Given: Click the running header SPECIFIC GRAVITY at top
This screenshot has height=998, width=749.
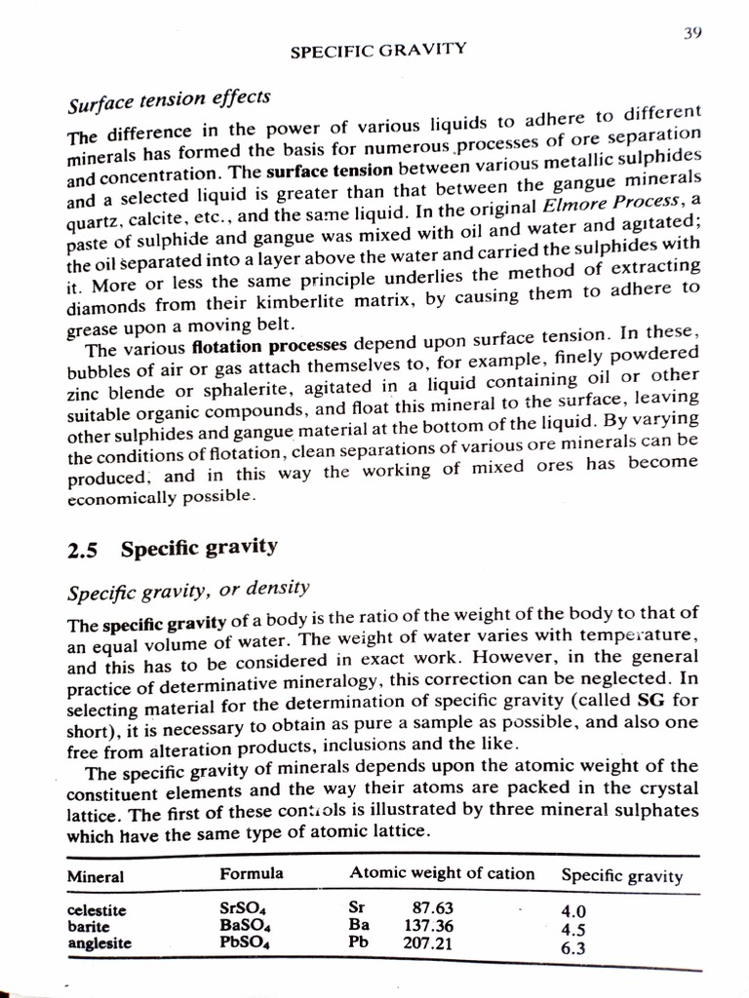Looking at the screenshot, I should [x=378, y=49].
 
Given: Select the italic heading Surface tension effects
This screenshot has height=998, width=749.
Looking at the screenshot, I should [x=168, y=99].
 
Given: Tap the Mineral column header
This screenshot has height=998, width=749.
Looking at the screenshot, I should [x=95, y=876].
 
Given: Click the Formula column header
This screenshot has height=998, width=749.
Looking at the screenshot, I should [x=252, y=872].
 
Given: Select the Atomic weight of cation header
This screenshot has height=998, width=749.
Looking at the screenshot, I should [x=442, y=873].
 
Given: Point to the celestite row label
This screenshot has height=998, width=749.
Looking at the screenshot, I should [x=97, y=911].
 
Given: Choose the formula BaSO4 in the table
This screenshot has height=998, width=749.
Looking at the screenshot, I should [x=245, y=925].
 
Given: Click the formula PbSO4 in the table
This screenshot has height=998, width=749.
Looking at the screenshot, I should [x=245, y=942].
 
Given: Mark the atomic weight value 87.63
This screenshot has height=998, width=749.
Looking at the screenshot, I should [x=433, y=907].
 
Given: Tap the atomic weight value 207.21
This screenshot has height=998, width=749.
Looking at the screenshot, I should [x=428, y=942].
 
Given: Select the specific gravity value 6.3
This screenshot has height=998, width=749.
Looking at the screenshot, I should [x=573, y=946].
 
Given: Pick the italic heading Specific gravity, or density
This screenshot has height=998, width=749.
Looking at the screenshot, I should [x=187, y=589].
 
